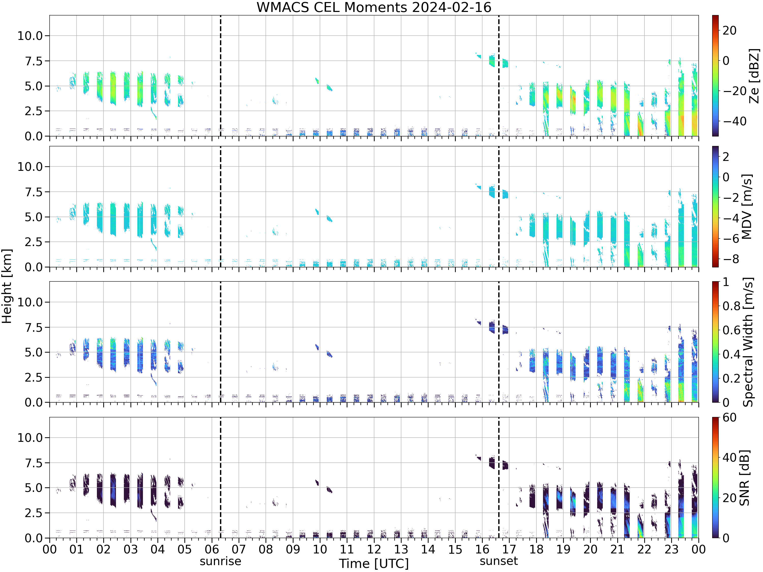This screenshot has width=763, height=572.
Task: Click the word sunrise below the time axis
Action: pos(221,561)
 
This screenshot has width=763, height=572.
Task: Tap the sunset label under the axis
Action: pos(499,561)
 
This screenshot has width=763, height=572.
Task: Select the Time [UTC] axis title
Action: pos(374,563)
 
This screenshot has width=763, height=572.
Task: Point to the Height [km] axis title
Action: pos(7,286)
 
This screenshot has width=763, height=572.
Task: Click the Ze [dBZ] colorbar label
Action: pos(754,76)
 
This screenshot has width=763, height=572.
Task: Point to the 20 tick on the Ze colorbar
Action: pos(729,30)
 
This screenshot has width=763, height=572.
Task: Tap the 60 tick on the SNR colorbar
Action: pos(729,417)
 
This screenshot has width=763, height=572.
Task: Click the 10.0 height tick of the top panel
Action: pos(30,36)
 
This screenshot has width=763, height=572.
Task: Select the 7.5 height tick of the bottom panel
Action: pos(34,463)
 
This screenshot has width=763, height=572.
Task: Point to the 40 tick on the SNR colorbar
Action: pos(729,458)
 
